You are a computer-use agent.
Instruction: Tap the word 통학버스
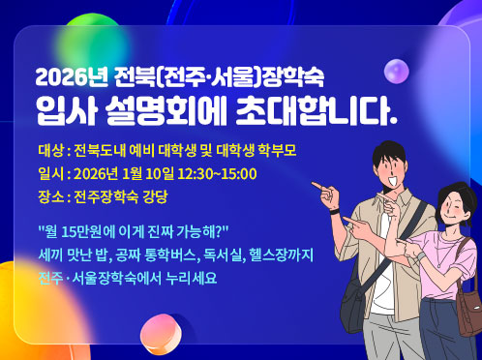click(164, 255)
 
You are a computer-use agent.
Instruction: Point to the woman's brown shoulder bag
click(469, 310)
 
